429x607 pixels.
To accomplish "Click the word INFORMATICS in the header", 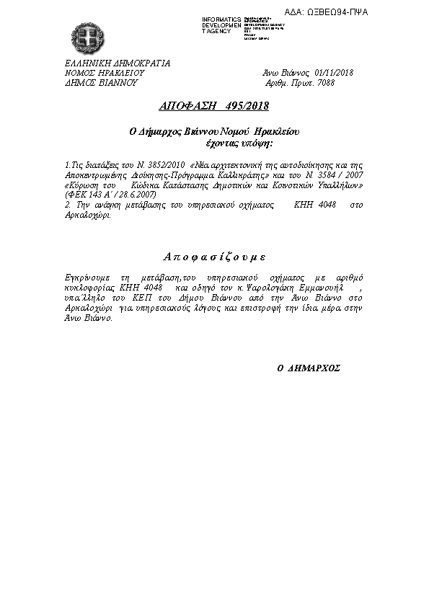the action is point(221,17).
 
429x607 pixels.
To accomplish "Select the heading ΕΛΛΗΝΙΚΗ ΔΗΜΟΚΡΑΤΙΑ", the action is point(118,63).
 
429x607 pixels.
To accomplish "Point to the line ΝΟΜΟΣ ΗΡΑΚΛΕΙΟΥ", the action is point(105,73).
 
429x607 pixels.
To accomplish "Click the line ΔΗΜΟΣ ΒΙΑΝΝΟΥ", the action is point(101,83).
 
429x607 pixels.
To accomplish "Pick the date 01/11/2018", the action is point(334,73).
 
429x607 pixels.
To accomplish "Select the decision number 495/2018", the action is point(245,107).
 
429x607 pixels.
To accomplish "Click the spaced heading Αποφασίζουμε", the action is point(213,257).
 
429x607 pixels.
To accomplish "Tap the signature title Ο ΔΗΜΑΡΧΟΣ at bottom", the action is point(309,367).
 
